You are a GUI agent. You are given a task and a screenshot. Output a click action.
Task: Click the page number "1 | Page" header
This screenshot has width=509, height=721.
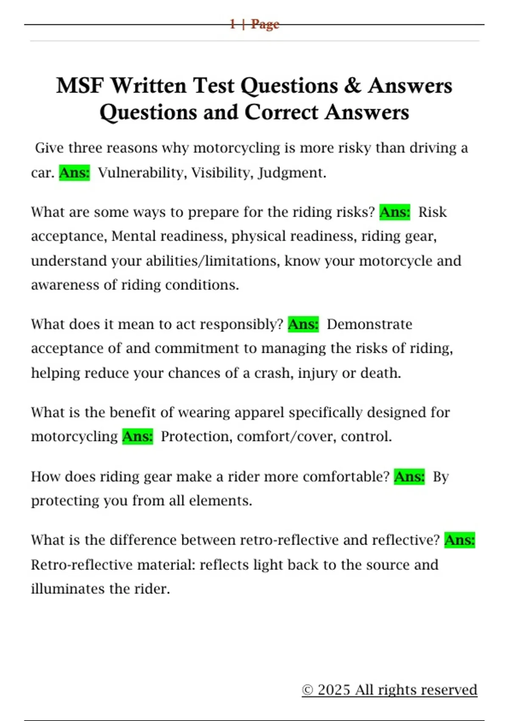[x=254, y=24]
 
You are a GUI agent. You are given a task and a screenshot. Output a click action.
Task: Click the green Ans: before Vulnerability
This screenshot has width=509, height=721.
[x=74, y=173]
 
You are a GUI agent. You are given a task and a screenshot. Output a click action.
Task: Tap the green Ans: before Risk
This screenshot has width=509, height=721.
[x=395, y=212]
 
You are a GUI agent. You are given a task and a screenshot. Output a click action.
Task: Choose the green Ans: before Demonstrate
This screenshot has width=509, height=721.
[x=303, y=324]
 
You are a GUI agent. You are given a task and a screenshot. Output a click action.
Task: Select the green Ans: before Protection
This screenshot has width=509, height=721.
[x=137, y=436]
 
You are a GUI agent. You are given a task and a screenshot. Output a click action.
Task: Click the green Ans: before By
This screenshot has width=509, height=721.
[x=409, y=477]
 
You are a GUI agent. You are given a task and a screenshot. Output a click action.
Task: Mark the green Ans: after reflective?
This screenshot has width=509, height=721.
[x=460, y=540]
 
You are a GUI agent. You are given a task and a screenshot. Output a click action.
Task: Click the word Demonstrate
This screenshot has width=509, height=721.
[x=369, y=324]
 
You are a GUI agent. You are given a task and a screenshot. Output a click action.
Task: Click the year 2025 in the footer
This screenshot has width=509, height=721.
[x=334, y=690]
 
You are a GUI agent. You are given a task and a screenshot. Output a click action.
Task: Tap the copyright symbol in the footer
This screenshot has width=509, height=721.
[x=308, y=690]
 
